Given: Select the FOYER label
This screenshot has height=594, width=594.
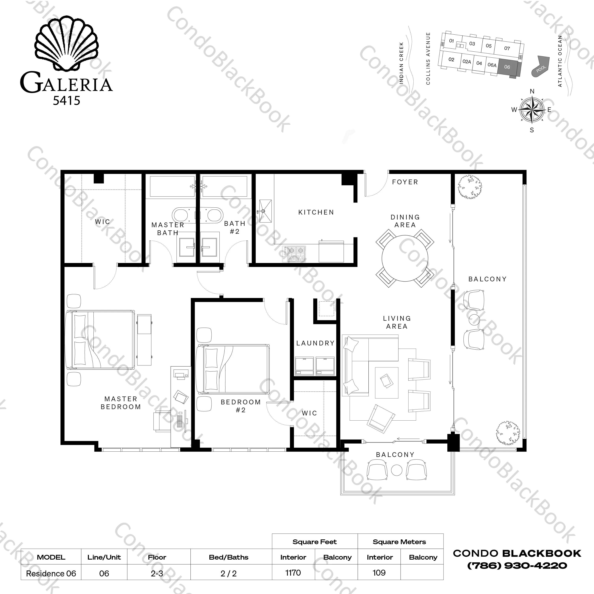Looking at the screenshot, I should click(x=405, y=182).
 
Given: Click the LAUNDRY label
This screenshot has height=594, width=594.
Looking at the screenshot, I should click(x=315, y=343).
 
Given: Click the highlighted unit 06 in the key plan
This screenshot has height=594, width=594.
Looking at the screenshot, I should click(x=507, y=67).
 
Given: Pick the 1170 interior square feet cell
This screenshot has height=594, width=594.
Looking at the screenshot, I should click(x=293, y=572).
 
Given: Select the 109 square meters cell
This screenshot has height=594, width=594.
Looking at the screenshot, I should click(x=379, y=572).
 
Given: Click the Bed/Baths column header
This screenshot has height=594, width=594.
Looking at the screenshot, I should click(x=228, y=557).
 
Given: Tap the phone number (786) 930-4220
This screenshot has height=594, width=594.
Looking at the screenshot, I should click(x=517, y=565).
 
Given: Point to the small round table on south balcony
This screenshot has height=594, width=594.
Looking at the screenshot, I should click(x=397, y=470).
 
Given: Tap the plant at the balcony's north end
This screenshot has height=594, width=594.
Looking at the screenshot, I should click(x=470, y=187).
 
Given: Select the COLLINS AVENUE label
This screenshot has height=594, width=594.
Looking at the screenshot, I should click(x=428, y=59).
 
